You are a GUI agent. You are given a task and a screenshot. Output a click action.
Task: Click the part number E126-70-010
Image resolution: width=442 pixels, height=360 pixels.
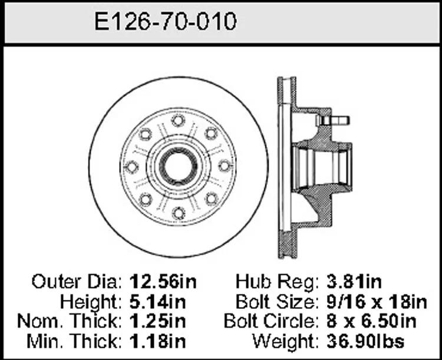(165, 21)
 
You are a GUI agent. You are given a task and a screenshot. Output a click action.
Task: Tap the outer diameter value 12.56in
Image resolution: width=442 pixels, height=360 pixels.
(163, 282)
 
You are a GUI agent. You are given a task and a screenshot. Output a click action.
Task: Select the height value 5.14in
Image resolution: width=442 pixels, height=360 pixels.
(158, 302)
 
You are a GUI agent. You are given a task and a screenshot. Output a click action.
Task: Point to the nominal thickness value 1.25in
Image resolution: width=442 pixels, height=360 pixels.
(158, 321)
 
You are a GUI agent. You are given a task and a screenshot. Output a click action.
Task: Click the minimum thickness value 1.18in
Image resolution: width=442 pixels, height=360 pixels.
(158, 341)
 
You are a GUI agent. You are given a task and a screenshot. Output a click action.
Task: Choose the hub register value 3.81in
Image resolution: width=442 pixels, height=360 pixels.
(354, 282)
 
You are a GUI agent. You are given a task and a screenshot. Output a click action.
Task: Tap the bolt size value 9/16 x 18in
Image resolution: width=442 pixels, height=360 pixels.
(377, 302)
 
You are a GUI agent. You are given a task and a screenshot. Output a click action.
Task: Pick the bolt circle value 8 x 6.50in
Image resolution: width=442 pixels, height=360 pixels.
(371, 321)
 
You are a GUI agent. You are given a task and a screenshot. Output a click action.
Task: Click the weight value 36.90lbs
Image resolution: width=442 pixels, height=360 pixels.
(365, 341)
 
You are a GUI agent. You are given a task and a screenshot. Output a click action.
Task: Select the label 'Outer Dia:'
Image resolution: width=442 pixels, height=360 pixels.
(77, 282)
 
